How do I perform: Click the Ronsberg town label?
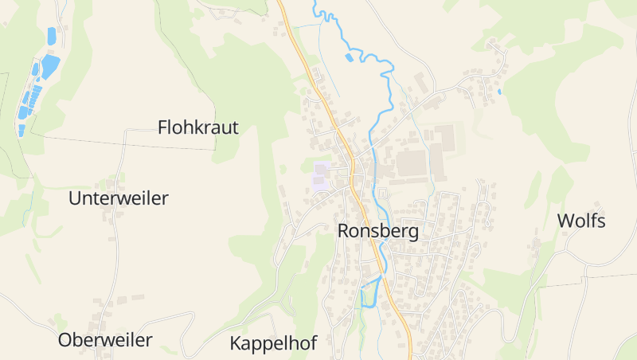[378, 231]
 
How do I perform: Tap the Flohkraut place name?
[198, 127]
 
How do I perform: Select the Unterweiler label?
[119, 198]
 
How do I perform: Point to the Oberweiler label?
[105, 340]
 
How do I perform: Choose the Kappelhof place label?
[273, 343]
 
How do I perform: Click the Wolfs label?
[581, 221]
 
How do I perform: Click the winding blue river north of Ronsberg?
[390, 88]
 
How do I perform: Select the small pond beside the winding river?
[348, 57]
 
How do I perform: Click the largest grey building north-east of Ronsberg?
[412, 163]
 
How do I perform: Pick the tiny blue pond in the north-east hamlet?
[499, 92]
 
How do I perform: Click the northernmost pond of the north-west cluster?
[52, 36]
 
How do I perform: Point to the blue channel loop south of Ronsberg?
[368, 295]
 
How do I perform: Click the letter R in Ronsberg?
[344, 231]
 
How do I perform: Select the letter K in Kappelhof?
[236, 343]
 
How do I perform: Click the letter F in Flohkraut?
[162, 127]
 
